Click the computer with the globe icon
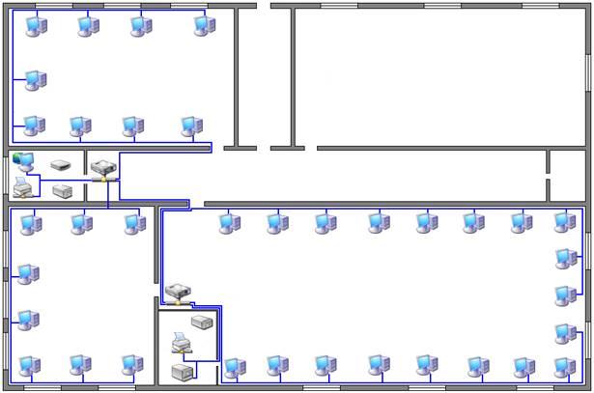coord(23,161)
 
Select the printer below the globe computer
coord(23,185)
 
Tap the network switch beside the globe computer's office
coord(104,170)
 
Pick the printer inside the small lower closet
coord(181,343)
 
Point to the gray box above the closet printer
coord(203,322)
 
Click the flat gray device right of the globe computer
coord(61,164)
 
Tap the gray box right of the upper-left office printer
coord(63,190)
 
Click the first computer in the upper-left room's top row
coord(36,27)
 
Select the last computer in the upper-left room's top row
coord(204,26)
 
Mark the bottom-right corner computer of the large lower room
coord(565,367)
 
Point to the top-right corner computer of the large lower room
coord(565,223)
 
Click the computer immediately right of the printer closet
coord(235,368)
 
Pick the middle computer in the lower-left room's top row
coord(81,225)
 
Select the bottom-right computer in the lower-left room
coord(131,366)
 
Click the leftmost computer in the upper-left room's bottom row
coord(34,125)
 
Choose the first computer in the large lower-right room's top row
coord(229,224)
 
